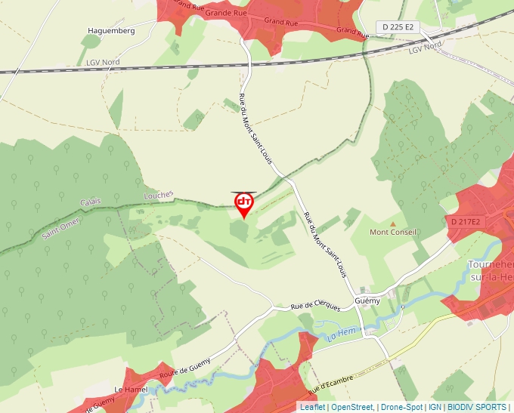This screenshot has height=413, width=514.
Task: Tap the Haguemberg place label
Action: click(x=111, y=31)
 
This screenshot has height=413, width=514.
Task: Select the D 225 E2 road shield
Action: click(x=398, y=27)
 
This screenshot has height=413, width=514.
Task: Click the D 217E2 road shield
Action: click(x=465, y=222)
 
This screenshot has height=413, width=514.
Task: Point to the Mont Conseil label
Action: click(x=393, y=233)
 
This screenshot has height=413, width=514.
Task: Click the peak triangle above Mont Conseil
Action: click(x=392, y=223)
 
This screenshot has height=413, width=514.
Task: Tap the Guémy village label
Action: click(x=367, y=301)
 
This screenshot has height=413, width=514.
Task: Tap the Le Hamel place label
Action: click(x=129, y=390)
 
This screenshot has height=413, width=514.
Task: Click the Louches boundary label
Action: click(x=158, y=195)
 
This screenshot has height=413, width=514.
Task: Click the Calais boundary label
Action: click(x=90, y=202)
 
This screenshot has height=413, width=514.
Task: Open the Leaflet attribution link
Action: click(x=312, y=407)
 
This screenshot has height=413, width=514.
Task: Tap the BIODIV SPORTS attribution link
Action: click(x=477, y=407)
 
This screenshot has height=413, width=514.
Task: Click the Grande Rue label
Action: click(x=227, y=13)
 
